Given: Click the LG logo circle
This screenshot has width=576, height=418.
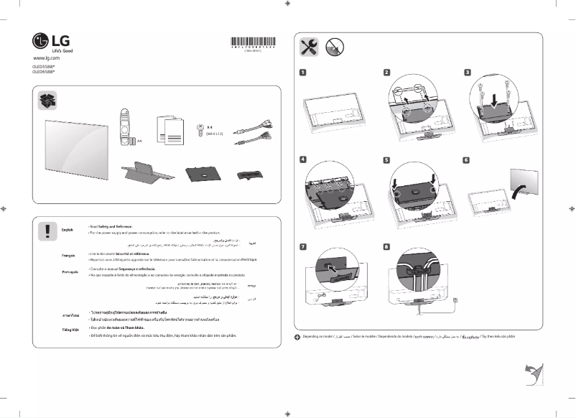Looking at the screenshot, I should [x=40, y=41].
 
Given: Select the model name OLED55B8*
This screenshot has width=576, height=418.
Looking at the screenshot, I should [x=44, y=66].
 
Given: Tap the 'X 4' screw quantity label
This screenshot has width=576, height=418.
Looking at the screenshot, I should [x=210, y=127].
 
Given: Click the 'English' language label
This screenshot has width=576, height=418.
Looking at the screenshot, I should [x=68, y=229].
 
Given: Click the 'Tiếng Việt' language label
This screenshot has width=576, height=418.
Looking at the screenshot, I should [x=70, y=330].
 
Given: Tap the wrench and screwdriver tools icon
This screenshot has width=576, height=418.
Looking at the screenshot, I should [x=310, y=47].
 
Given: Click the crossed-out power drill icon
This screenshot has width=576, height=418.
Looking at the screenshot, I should [x=334, y=47].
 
